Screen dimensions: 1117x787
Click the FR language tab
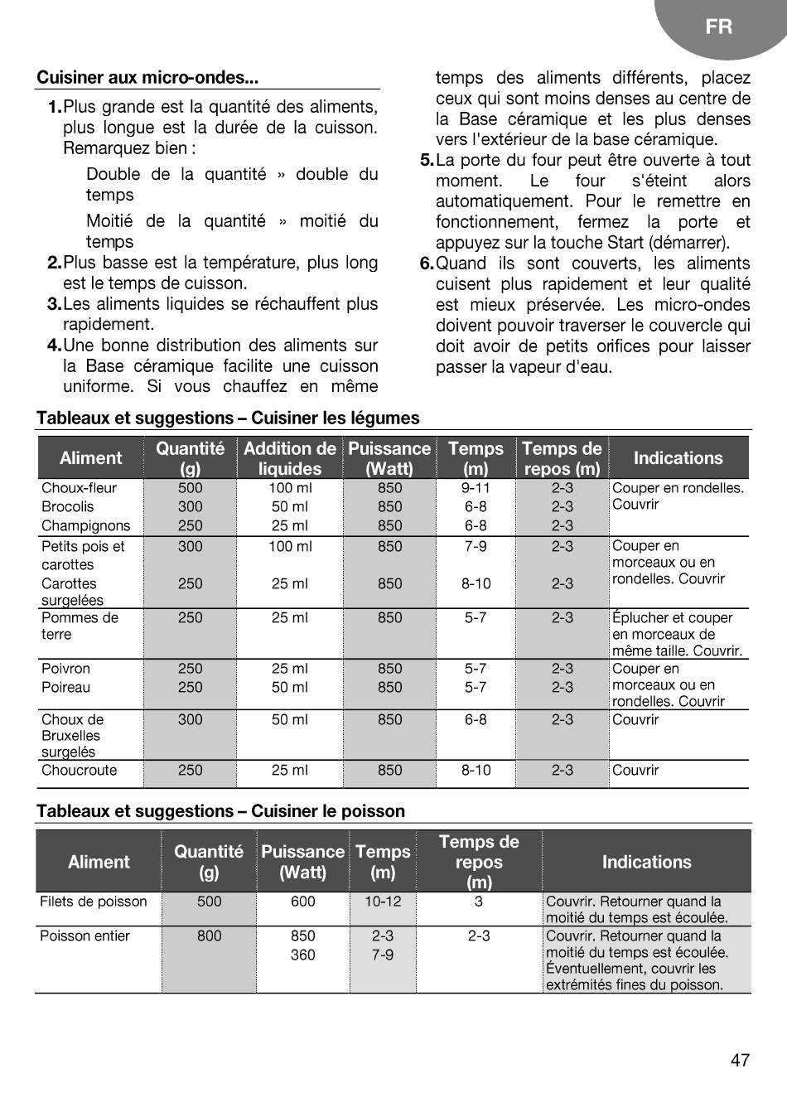[x=718, y=27]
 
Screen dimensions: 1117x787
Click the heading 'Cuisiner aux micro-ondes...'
[x=147, y=78]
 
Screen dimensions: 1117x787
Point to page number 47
[x=740, y=1060]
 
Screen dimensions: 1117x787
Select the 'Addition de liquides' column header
[x=289, y=458]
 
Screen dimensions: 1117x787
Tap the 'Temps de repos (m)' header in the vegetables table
[x=562, y=458]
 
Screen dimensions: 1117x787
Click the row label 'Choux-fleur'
[x=79, y=488]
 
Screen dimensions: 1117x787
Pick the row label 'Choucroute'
[x=79, y=770]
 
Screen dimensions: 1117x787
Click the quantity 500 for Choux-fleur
[x=190, y=488]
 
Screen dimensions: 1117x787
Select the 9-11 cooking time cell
[x=476, y=488]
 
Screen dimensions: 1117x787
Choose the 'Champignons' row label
[x=85, y=525]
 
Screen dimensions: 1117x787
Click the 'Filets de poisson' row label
[x=94, y=902]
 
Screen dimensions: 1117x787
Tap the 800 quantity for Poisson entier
[x=209, y=936]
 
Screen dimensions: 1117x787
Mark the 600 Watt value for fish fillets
[x=302, y=902]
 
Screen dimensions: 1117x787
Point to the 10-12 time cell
[x=383, y=902]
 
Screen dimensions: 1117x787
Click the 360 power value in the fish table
[x=302, y=955]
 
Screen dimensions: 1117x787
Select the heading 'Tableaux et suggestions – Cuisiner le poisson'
[x=220, y=811]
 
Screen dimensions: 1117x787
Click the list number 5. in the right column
[x=427, y=161]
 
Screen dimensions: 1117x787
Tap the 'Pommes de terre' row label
[x=80, y=626]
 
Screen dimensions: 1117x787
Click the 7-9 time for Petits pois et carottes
[x=476, y=547]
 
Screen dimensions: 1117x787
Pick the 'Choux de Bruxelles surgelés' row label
[x=72, y=735]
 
